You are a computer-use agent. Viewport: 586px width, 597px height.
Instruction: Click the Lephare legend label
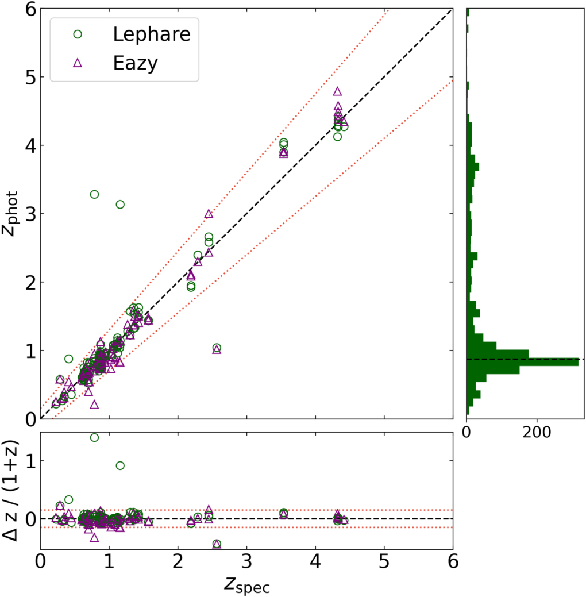151,34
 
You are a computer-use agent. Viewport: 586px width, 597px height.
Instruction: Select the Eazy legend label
135,63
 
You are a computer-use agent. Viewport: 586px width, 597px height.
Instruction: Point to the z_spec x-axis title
247,584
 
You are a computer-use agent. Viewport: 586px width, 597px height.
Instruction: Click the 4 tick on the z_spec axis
315,560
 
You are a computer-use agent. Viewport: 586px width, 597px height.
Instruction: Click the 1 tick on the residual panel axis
27,461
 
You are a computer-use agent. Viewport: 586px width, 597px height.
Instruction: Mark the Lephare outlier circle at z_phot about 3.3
94,194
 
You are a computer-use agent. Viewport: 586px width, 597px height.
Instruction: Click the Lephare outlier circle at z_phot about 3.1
120,205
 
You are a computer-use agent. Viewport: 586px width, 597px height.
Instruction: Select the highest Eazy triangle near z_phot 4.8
337,91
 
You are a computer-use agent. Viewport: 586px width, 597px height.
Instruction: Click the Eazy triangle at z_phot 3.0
209,214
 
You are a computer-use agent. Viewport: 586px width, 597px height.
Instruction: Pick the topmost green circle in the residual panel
94,437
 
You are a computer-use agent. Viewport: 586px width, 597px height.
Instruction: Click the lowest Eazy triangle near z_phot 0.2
94,405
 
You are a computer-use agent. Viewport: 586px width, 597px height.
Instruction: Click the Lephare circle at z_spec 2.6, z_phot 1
217,348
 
